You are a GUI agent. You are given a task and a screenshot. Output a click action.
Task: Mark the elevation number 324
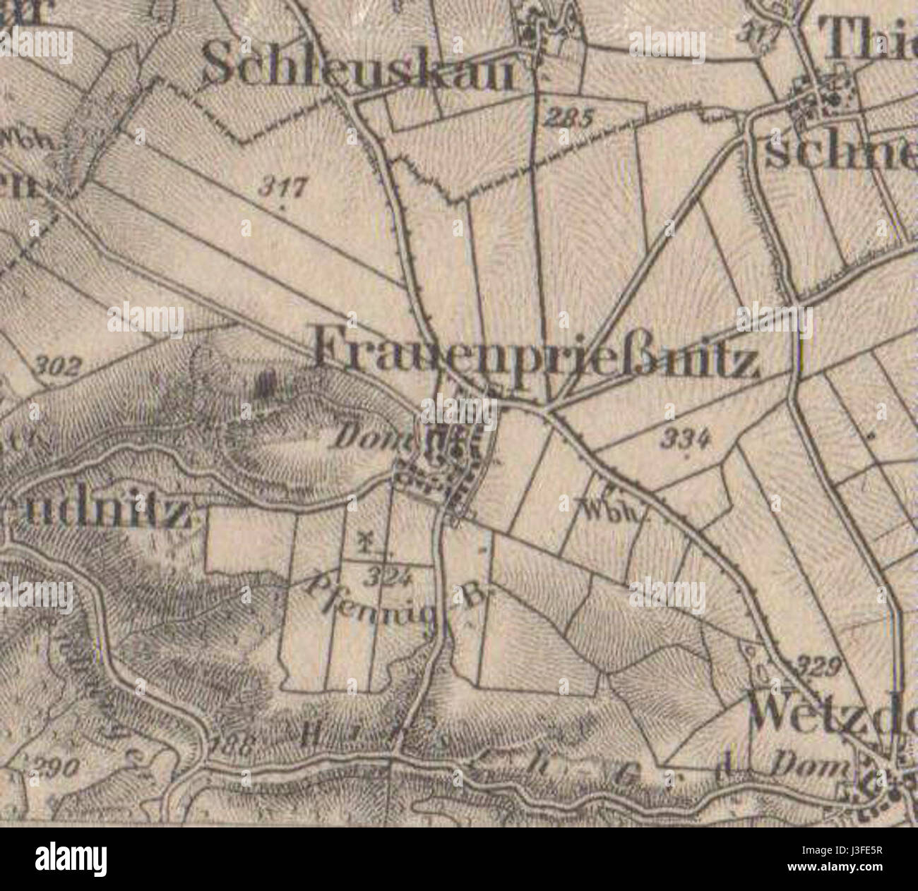(x=389, y=578)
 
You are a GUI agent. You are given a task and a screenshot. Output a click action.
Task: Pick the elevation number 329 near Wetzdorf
(x=819, y=665)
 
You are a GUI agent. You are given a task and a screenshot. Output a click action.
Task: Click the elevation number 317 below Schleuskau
(x=284, y=188)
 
